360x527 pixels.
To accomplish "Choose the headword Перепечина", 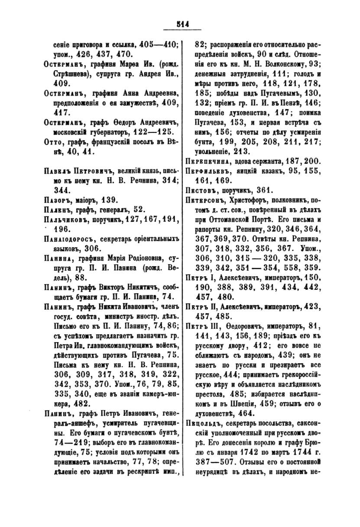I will pyautogui.click(x=213, y=161).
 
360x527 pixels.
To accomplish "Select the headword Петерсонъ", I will pyautogui.click(x=211, y=199).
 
